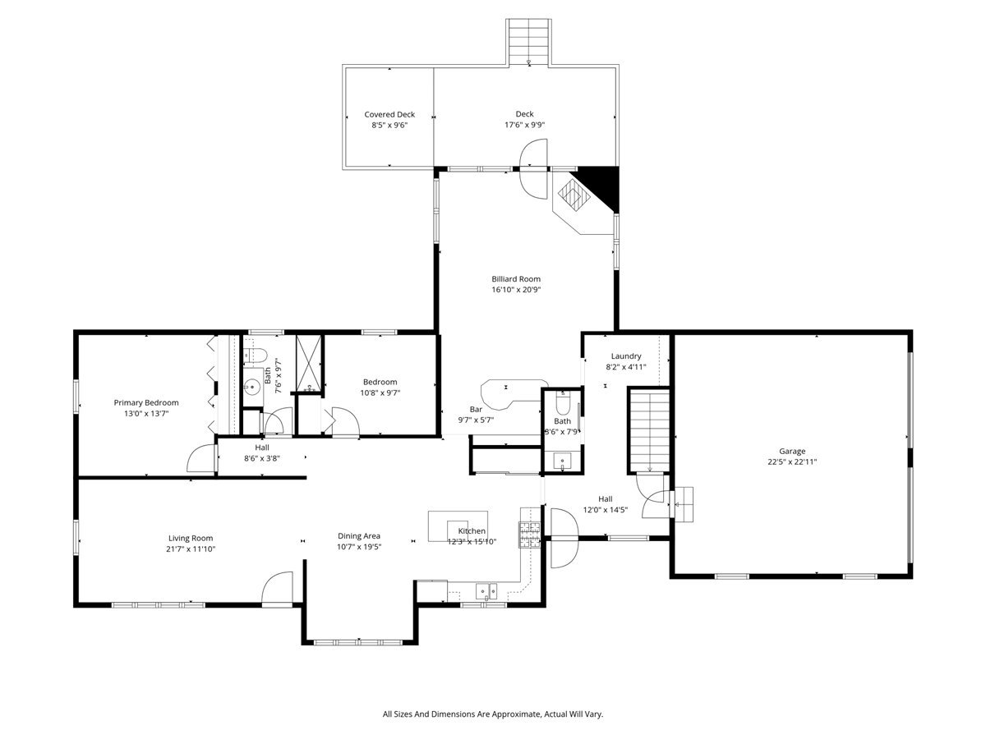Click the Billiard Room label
tap(516, 278)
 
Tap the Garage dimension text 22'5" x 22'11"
tap(792, 461)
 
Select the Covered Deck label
tap(389, 114)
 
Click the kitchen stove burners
tap(530, 534)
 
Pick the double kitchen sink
tap(486, 591)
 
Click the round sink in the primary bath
tap(252, 386)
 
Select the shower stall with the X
tap(309, 363)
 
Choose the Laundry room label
tap(626, 356)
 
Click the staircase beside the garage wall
tap(650, 430)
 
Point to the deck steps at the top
tap(528, 42)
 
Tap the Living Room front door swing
tap(277, 588)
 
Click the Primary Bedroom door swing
tap(201, 457)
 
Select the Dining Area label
tap(359, 535)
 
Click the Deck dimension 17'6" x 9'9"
tap(524, 125)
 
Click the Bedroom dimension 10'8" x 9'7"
tap(380, 392)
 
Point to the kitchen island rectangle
tap(458, 526)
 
